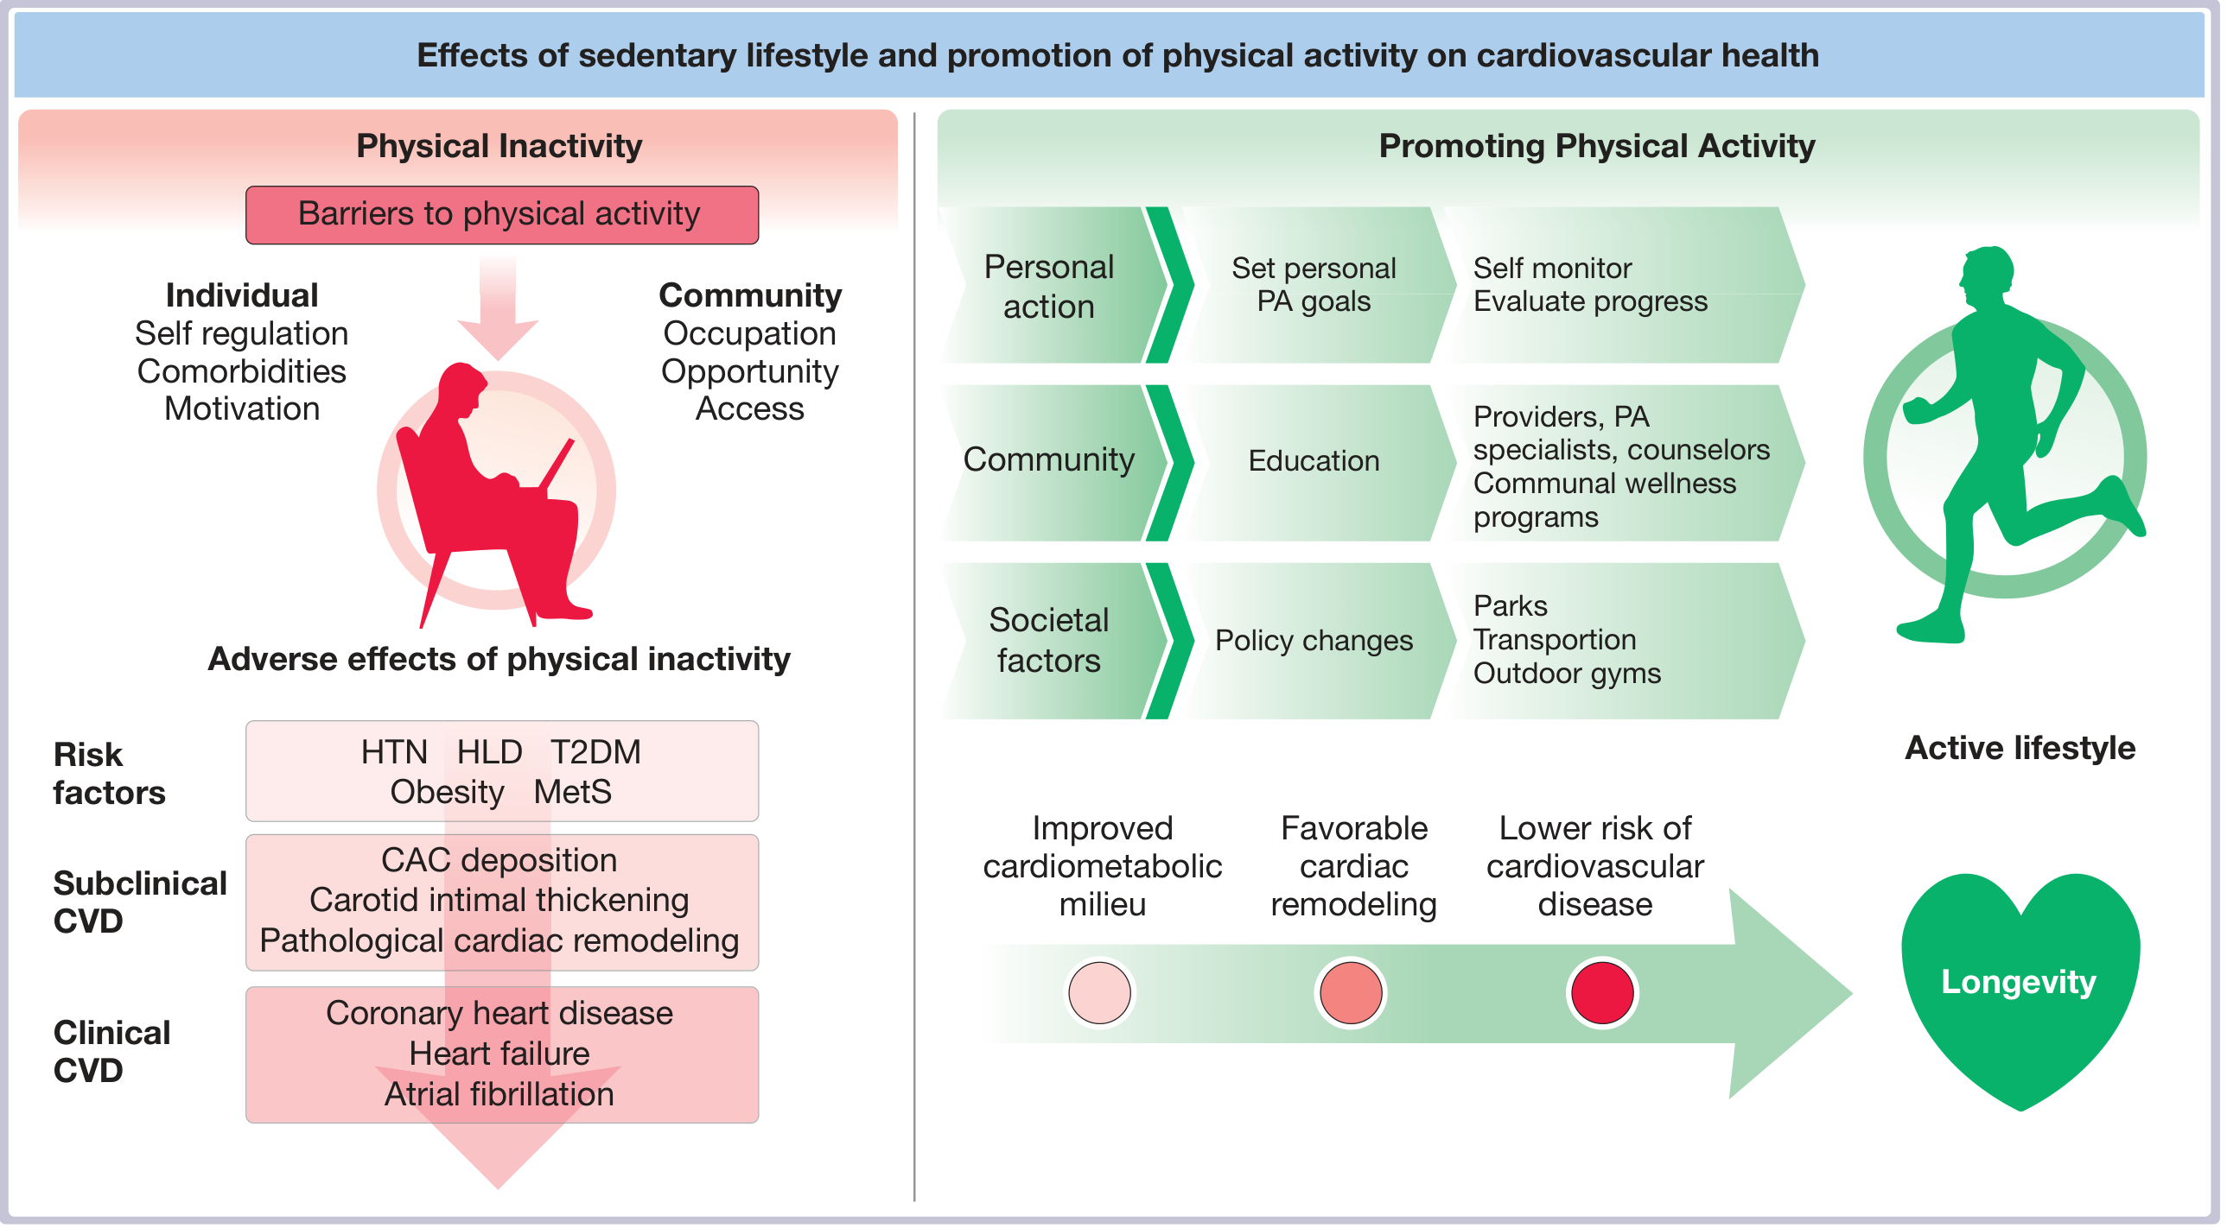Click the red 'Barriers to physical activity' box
pos(501,214)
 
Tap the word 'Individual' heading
pos(242,295)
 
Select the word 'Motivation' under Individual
pos(242,408)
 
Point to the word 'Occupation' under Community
pos(749,333)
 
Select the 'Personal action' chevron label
pos(1048,286)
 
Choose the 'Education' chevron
pos(1314,461)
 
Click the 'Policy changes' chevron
pos(1314,641)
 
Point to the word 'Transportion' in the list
pos(1555,640)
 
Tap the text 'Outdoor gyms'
pos(1567,674)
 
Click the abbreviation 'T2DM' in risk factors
pos(595,753)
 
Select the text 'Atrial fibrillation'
pos(499,1095)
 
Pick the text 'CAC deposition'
pos(499,861)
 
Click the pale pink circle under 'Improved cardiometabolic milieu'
pos(1099,993)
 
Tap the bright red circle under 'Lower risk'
pos(1602,993)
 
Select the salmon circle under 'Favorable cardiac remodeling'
pos(1351,993)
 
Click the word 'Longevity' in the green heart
pos(2019,983)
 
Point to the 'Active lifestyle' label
pos(2020,749)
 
